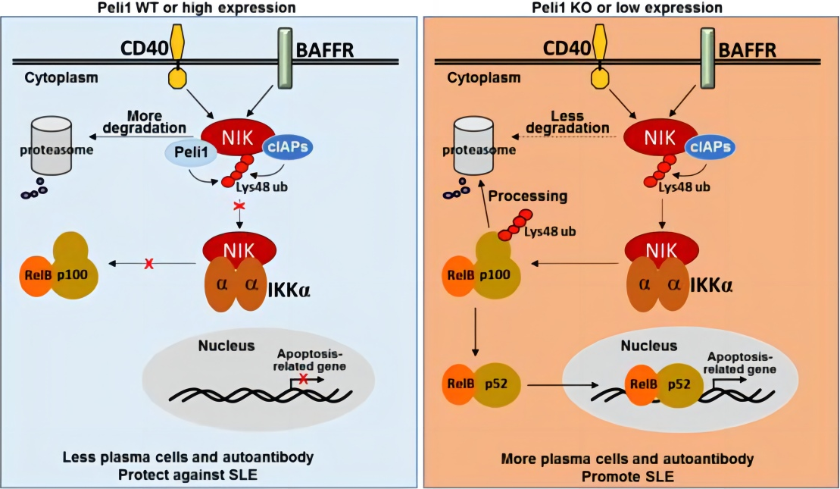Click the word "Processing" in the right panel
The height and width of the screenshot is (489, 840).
click(x=527, y=196)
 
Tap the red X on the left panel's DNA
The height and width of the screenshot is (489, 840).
click(x=304, y=379)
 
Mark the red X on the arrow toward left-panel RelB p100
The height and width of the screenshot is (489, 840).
click(x=148, y=263)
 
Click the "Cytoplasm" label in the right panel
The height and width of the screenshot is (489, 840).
click(x=483, y=77)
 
